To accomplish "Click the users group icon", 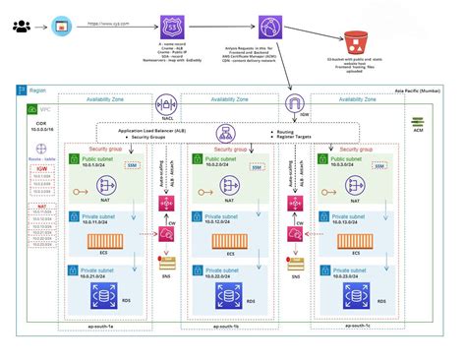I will [21, 22].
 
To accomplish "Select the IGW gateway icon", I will [292, 104].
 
